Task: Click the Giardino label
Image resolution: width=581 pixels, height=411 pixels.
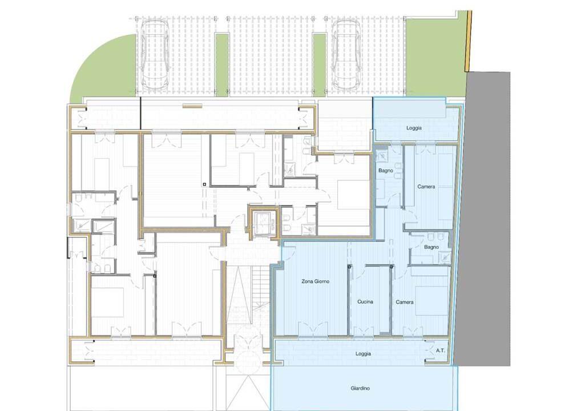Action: (360, 388)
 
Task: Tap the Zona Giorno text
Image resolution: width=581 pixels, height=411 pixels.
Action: (315, 281)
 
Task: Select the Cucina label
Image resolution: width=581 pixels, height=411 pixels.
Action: (365, 301)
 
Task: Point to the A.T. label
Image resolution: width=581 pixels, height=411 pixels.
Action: (440, 350)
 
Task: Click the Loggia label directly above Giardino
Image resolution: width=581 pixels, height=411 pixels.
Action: (363, 353)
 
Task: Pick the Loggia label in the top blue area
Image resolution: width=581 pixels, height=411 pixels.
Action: (414, 128)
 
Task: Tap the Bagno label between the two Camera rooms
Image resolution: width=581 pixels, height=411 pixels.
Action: (431, 247)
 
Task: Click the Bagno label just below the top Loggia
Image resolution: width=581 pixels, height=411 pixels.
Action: (386, 171)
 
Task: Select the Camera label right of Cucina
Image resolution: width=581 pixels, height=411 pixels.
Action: (405, 302)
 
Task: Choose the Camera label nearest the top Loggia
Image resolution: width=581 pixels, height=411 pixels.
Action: (426, 187)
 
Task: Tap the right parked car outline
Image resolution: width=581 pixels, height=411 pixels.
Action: (347, 54)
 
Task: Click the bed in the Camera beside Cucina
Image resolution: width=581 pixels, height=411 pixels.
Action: (431, 301)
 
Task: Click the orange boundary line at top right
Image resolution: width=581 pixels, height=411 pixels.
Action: (469, 41)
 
